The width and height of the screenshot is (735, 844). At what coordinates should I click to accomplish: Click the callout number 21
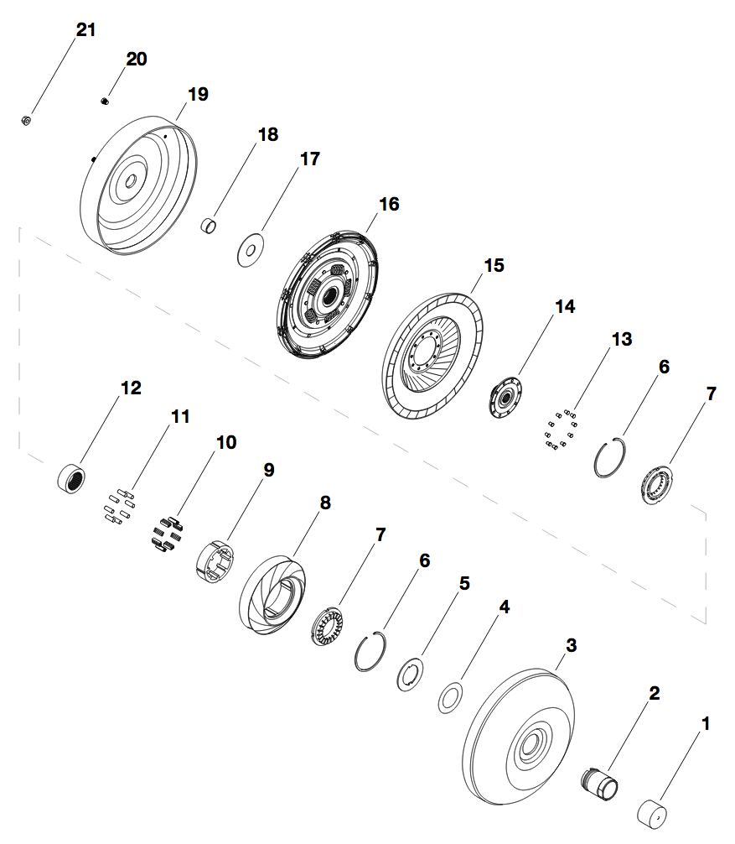pos(86,29)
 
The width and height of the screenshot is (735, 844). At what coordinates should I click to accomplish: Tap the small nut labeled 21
pos(26,121)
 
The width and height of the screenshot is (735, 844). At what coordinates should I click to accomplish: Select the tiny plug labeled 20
pos(105,100)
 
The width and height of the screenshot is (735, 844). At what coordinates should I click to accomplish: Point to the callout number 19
pos(198,94)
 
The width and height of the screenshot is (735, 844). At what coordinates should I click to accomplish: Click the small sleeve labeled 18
pos(209,226)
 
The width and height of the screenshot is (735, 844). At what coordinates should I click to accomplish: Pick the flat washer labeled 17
pos(250,250)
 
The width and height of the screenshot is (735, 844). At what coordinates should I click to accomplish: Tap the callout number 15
pos(494,265)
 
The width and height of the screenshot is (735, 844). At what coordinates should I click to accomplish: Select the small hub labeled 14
pos(505,398)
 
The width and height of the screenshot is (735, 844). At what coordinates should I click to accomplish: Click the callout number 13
pos(622,339)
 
